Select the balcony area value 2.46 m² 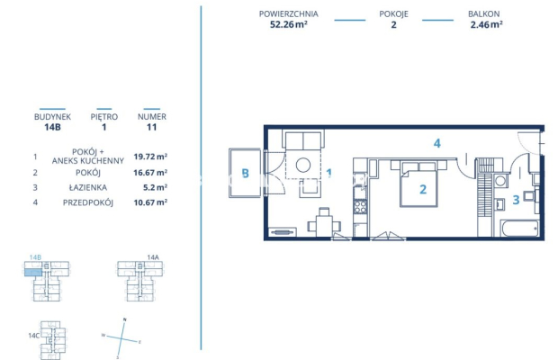pyautogui.click(x=486, y=25)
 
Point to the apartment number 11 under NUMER pyautogui.click(x=151, y=128)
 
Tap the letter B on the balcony pyautogui.click(x=244, y=175)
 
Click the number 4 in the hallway pyautogui.click(x=436, y=143)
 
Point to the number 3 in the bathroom pyautogui.click(x=516, y=200)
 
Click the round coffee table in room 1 pyautogui.click(x=304, y=166)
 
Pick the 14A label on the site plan pyautogui.click(x=152, y=257)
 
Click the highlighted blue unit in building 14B pyautogui.click(x=33, y=273)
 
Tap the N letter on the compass pyautogui.click(x=125, y=320)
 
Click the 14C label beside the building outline pyautogui.click(x=34, y=335)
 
